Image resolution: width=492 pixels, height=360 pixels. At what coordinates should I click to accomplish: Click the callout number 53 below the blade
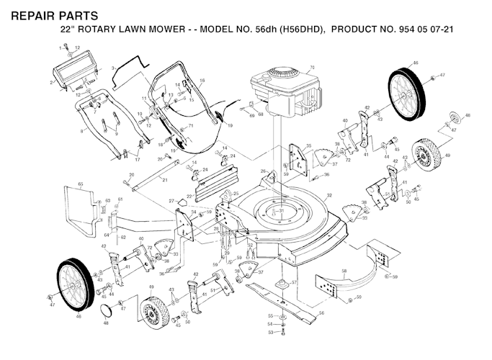[271, 333]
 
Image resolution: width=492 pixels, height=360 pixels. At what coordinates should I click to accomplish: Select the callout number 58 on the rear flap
[344, 272]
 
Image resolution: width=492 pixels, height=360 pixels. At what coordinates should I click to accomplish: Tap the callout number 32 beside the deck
[329, 196]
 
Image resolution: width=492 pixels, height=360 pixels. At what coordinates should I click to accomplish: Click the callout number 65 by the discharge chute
[81, 185]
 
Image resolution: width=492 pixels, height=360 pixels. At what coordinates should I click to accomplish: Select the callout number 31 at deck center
[282, 210]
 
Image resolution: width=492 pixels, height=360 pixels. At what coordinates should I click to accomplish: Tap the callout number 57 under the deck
[294, 283]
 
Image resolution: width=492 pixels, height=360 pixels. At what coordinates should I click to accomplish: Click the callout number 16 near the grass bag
[202, 80]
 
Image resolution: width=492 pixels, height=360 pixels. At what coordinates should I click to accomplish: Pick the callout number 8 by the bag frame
[82, 130]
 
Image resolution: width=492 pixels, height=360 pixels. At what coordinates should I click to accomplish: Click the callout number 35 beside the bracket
[309, 146]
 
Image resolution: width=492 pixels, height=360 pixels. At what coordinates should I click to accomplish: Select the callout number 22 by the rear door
[189, 196]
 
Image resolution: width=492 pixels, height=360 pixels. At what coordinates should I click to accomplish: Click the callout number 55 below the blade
[271, 315]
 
